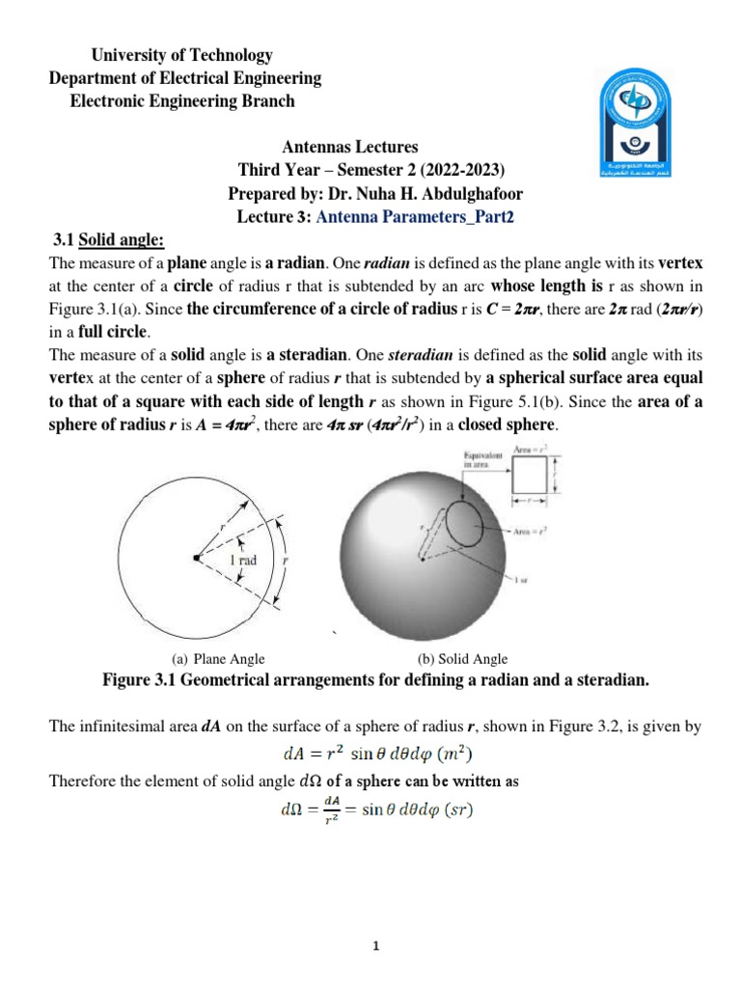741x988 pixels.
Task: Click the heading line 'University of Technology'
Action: point(160,56)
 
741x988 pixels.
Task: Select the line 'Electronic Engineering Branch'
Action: point(183,100)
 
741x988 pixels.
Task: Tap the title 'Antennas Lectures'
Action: point(350,148)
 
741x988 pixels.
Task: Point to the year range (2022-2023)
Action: point(454,171)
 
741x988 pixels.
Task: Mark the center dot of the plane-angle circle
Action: point(195,558)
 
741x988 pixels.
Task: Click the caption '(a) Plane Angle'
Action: point(218,659)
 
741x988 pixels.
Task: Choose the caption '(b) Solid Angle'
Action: point(462,659)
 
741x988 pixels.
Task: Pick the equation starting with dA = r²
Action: point(375,754)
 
